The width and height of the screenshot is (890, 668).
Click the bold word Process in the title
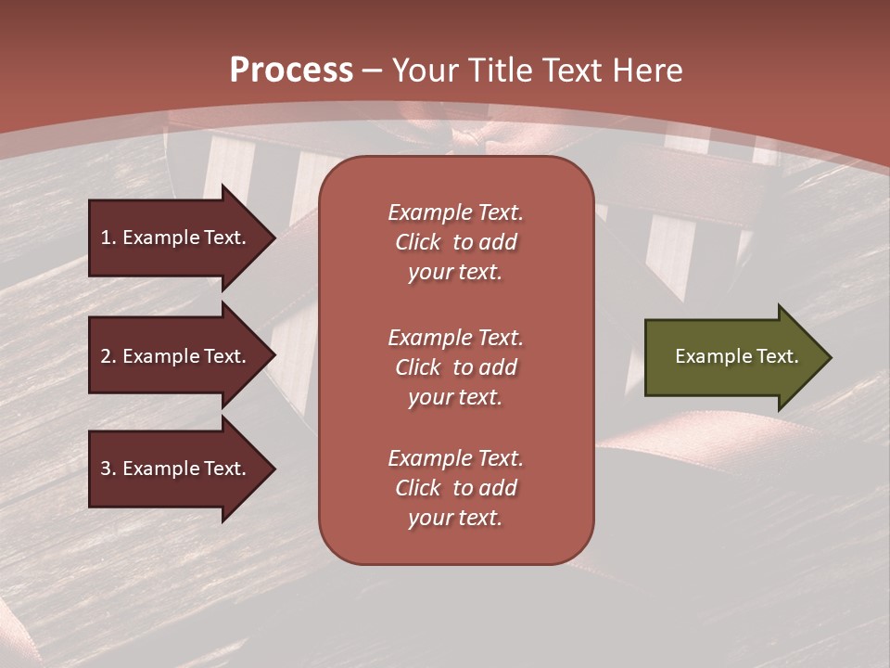(291, 71)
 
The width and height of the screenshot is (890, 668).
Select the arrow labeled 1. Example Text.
(176, 238)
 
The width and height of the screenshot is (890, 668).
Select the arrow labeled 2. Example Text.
(176, 356)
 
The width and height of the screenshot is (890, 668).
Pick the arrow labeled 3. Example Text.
(176, 469)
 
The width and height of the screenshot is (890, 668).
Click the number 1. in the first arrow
(108, 238)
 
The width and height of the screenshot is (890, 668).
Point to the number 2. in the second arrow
(108, 356)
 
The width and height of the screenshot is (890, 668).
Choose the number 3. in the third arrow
(108, 469)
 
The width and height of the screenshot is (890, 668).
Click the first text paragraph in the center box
(455, 242)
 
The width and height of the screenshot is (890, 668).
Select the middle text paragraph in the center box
(455, 367)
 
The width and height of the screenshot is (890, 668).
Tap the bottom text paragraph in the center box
(455, 488)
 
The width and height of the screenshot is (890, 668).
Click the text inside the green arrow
(736, 356)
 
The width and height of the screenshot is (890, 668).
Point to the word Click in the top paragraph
(417, 242)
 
